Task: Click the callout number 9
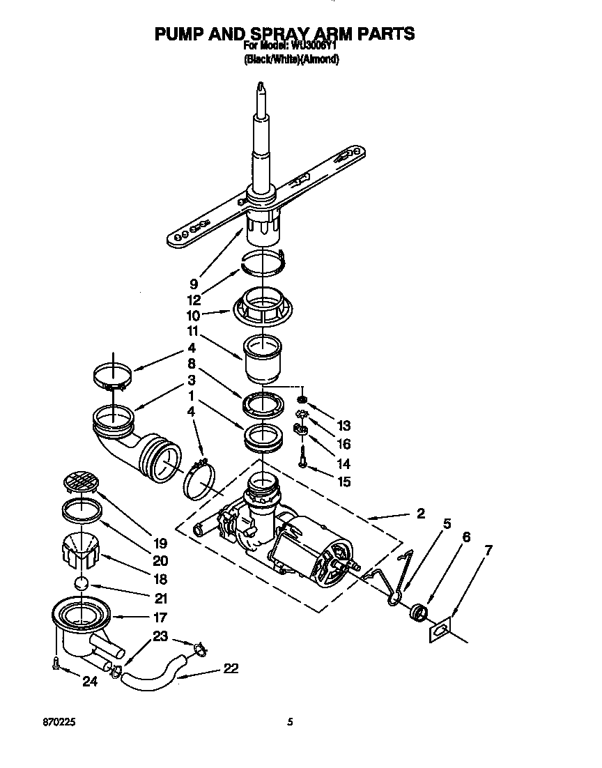[193, 284]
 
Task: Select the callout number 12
[193, 300]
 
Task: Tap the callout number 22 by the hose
[231, 668]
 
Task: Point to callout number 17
[160, 617]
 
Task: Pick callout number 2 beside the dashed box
[420, 514]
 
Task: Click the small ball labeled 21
[83, 583]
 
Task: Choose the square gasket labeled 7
[439, 629]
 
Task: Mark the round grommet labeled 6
[419, 613]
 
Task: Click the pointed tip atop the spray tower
[260, 86]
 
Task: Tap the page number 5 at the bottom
[290, 723]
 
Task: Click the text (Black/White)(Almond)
[291, 60]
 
